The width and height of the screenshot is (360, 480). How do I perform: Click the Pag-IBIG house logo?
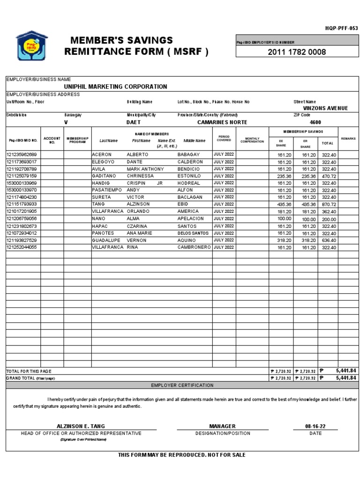pos(31,46)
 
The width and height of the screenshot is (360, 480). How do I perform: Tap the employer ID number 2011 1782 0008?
pos(297,52)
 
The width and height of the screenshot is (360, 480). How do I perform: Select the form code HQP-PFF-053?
pos(341,28)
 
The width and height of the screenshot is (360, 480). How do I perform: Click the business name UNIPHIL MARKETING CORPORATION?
pos(115,87)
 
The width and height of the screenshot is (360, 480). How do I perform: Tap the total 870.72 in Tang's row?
pos(328,204)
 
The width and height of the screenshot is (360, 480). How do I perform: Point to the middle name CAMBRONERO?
pos(194,247)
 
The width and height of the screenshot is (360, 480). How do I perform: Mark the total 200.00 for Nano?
pos(328,219)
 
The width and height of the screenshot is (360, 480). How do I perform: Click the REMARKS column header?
pos(348,139)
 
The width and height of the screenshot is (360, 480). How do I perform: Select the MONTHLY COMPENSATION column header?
pos(252,140)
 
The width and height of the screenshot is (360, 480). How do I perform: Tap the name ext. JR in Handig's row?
pos(160,183)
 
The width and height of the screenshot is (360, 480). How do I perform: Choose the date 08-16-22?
pos(315,426)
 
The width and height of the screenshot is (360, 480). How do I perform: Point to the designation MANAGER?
pos(222,426)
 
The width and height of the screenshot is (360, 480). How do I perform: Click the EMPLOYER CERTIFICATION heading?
pos(182,385)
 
